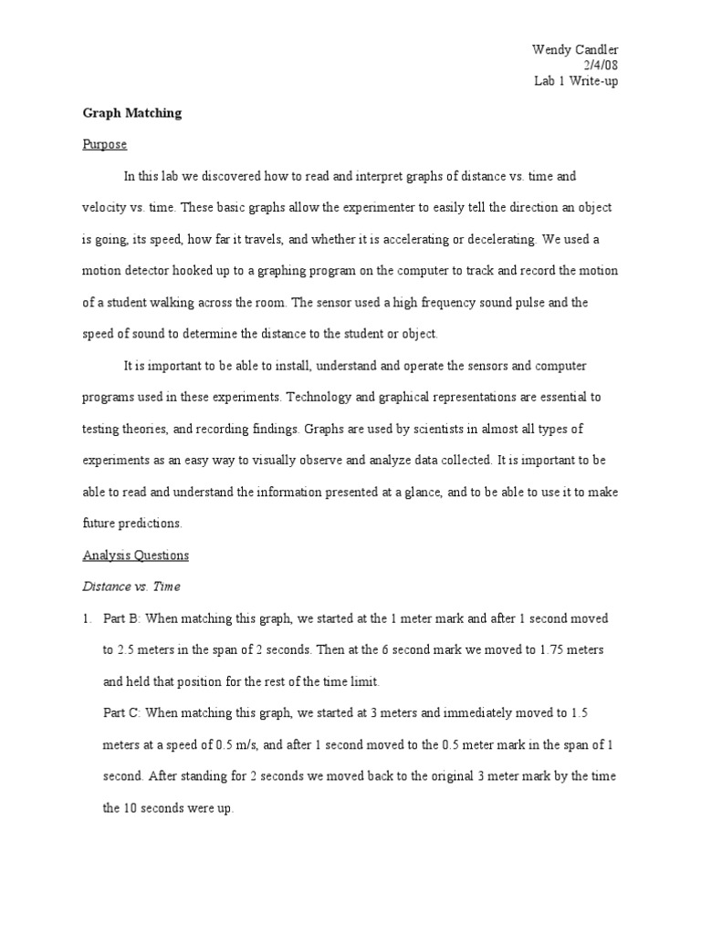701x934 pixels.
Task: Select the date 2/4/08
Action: pos(611,65)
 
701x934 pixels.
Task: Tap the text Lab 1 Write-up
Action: pos(578,81)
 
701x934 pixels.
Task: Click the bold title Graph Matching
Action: pos(132,113)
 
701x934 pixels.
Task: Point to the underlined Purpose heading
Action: pos(105,144)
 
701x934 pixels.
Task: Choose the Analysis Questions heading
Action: pos(136,555)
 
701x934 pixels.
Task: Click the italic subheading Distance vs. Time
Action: pos(130,586)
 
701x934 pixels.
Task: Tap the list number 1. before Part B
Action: pos(88,618)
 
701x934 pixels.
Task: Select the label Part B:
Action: pos(121,618)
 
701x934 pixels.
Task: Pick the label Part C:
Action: pos(121,713)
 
